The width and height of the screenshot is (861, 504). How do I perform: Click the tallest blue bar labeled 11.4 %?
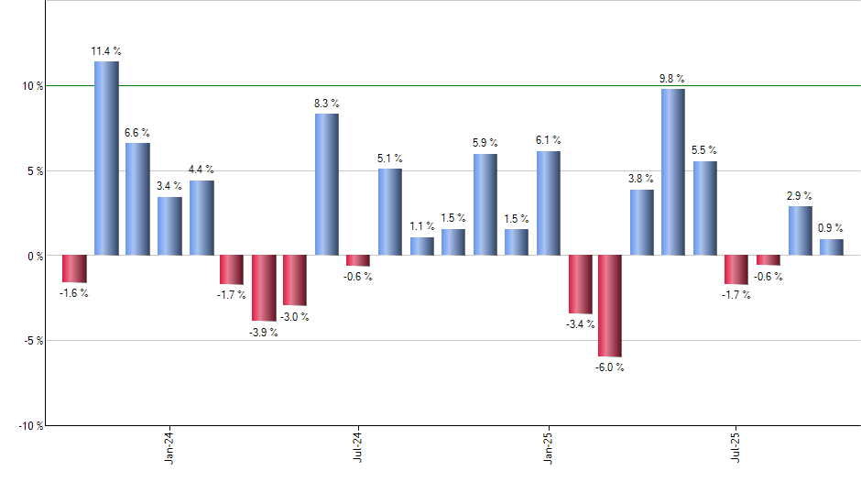pyautogui.click(x=106, y=158)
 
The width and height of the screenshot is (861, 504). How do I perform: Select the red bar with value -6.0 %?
pyautogui.click(x=610, y=306)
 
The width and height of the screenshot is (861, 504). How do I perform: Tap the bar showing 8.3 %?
pyautogui.click(x=327, y=184)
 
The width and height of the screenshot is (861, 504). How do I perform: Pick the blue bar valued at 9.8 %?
pyautogui.click(x=672, y=171)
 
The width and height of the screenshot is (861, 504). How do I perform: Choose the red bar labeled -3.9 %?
pyautogui.click(x=264, y=288)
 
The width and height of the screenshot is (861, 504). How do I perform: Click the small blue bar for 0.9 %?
pyautogui.click(x=831, y=247)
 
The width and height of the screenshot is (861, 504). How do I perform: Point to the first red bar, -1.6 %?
pyautogui.click(x=74, y=268)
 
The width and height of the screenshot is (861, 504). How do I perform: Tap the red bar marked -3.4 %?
pyautogui.click(x=580, y=284)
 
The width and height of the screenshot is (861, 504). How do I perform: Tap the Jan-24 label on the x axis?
pyautogui.click(x=169, y=447)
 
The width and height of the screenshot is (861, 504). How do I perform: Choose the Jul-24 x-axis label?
pyautogui.click(x=358, y=447)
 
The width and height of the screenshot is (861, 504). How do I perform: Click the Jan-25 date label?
pyautogui.click(x=549, y=447)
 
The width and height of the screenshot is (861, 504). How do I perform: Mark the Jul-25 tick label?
pyautogui.click(x=736, y=447)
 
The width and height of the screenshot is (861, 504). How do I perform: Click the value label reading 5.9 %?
pyautogui.click(x=485, y=143)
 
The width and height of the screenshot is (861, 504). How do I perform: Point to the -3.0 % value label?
pyautogui.click(x=294, y=317)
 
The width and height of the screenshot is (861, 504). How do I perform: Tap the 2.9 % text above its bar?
pyautogui.click(x=800, y=195)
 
